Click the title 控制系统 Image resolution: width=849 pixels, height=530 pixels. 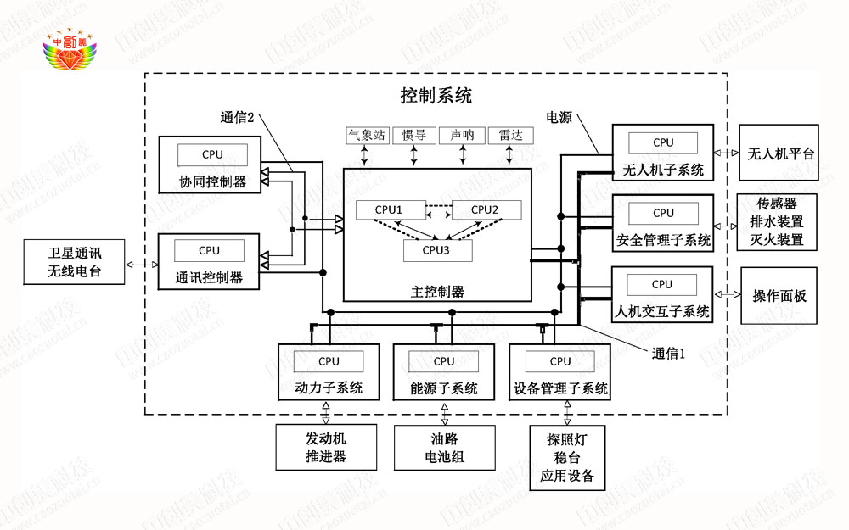coord(436,95)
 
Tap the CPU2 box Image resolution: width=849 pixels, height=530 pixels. coord(484,209)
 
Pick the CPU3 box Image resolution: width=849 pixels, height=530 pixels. coord(436,249)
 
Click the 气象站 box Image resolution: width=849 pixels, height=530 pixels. coord(367,136)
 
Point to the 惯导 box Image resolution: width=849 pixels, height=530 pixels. coord(414,136)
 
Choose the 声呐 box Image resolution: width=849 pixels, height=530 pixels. coord(463,136)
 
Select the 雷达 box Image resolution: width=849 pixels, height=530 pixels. coord(511,136)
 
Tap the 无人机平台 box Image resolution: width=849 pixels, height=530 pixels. coord(780,154)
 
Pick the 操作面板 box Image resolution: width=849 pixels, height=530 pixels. coord(779,296)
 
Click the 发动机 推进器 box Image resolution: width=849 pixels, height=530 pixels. coord(326,448)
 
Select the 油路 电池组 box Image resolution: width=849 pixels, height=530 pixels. coord(444,448)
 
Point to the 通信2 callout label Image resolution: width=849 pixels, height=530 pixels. coord(238,118)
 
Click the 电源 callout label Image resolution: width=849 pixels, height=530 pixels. coord(559,118)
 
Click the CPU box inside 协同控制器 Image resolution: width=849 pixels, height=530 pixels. coord(212,154)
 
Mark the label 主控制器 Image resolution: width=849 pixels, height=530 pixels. coord(437,292)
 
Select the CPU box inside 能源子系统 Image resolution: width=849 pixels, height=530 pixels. coord(444,361)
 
